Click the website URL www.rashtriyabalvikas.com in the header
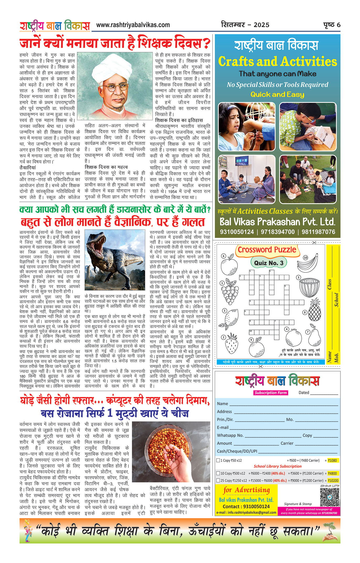click(133, 25)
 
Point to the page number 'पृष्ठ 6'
click(332, 25)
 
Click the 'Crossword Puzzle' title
click(267, 250)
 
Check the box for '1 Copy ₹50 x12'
click(218, 460)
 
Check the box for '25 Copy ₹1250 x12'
click(218, 480)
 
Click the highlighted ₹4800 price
click(332, 473)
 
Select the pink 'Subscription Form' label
click(271, 393)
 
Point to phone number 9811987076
click(318, 232)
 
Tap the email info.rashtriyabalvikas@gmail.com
click(246, 512)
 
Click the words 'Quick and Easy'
click(277, 94)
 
